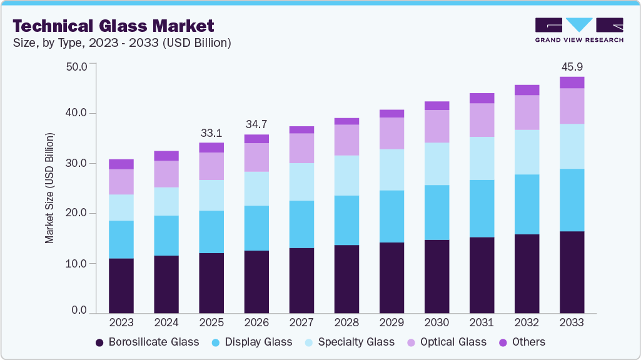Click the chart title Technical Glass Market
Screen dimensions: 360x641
[113, 26]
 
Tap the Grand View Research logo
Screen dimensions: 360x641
[579, 30]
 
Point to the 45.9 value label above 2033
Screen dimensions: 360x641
[572, 66]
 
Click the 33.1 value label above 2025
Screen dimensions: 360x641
[211, 132]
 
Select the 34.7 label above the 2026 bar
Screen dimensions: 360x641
[256, 124]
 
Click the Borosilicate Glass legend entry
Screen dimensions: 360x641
[147, 342]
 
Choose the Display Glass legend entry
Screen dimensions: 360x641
[251, 342]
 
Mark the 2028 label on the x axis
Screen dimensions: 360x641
[346, 322]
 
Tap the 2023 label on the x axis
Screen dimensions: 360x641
[121, 322]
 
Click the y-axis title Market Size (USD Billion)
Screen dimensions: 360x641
[49, 188]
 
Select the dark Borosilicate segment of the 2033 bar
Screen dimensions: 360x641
[572, 272]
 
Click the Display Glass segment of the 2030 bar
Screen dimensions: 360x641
[437, 212]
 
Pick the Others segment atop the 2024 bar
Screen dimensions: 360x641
[166, 156]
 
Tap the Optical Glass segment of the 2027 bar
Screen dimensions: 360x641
[301, 148]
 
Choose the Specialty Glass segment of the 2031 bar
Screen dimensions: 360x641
[482, 158]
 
